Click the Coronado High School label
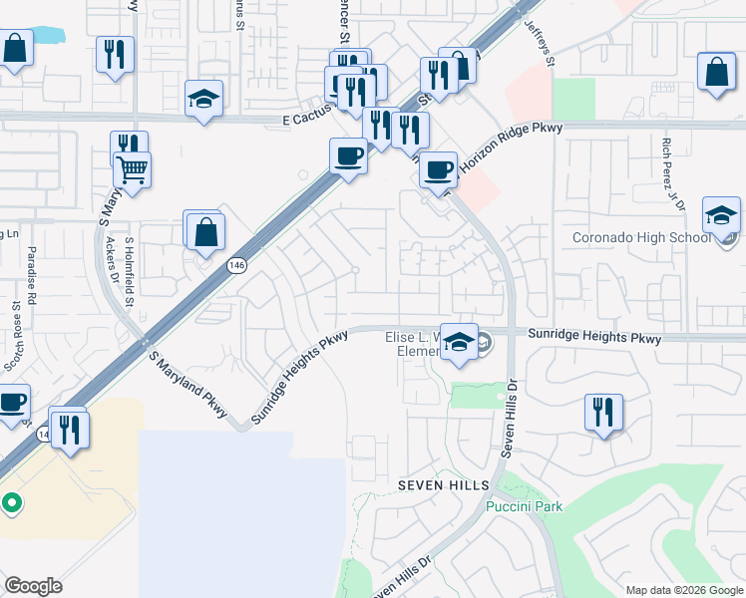[642, 238]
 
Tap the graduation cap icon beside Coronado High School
[721, 215]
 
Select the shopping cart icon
[132, 169]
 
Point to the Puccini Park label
[525, 506]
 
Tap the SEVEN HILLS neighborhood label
[444, 484]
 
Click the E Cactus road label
[304, 120]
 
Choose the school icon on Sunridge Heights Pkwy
[458, 342]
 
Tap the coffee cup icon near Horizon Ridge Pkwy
[437, 168]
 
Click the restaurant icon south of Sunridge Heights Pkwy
[601, 411]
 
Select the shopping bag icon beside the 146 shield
[204, 232]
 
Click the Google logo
[33, 586]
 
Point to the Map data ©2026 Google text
[684, 589]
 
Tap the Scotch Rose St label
[12, 338]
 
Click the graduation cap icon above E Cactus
[203, 99]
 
